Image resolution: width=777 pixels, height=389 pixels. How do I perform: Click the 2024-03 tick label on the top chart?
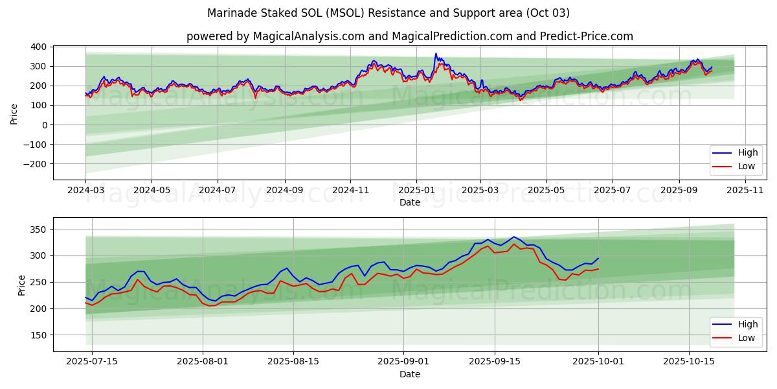pos(85,191)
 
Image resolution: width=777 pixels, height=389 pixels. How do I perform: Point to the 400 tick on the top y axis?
pos(37,47)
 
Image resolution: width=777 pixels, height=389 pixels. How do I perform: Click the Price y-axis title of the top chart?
pos(14,113)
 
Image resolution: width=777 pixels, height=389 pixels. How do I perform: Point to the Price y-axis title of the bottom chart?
pos(22,285)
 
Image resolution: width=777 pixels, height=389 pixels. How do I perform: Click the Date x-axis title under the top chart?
pos(409,202)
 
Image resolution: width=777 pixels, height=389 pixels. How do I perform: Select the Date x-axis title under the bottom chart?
pos(409,374)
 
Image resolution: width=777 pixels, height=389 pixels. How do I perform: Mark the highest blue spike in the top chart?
pos(436,53)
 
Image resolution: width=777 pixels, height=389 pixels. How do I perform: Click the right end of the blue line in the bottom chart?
pos(598,258)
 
